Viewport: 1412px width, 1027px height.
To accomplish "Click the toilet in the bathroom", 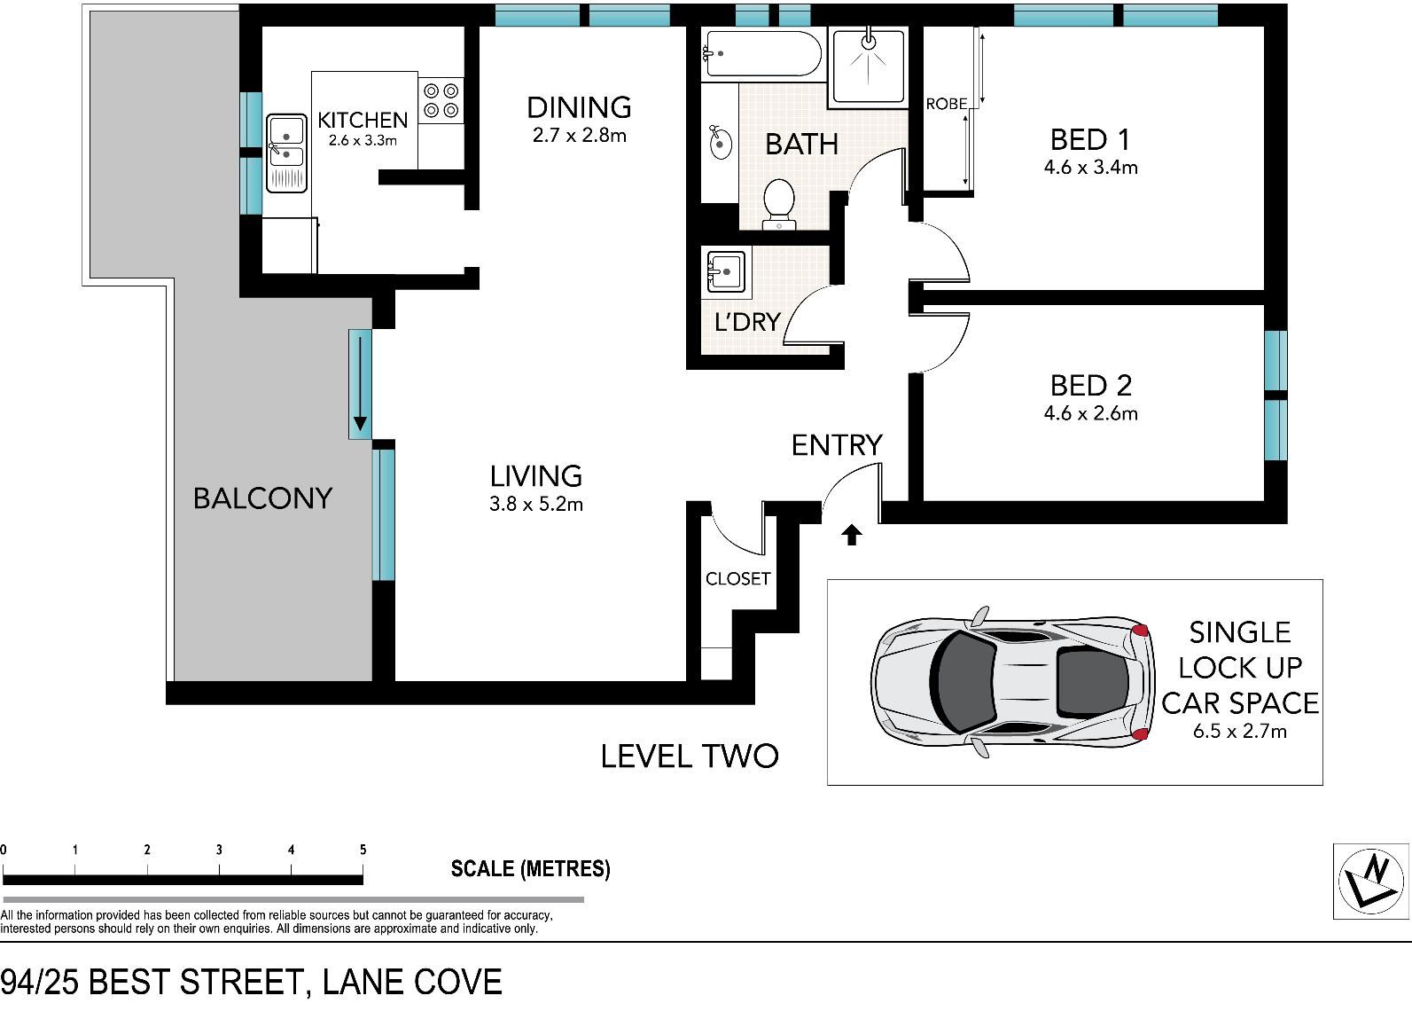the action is point(778,204).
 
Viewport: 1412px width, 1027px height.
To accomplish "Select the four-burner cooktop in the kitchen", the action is point(441,100).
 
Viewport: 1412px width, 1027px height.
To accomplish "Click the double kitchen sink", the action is point(287,153).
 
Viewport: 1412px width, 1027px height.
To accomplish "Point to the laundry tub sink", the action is point(726,271).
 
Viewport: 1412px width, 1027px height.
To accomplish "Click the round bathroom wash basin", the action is point(720,143).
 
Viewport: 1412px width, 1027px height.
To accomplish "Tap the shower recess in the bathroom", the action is point(868,67).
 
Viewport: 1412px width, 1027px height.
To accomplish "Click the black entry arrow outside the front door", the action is point(852,535).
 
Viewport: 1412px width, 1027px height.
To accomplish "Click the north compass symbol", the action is point(1372,881).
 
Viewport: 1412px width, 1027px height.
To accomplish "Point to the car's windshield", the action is point(964,681).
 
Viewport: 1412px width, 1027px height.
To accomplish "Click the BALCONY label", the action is point(262,498).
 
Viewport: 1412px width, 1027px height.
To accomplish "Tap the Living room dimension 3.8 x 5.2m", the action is point(535,504).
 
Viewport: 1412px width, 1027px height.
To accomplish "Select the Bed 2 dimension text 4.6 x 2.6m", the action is point(1090,413).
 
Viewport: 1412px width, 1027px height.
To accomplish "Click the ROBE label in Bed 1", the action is point(946,104).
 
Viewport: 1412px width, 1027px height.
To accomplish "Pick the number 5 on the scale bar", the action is point(363,849).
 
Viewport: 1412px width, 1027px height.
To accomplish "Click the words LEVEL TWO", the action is point(690,757).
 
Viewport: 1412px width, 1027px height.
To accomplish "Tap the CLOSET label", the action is point(737,578).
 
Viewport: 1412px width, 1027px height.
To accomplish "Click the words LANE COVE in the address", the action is point(412,982).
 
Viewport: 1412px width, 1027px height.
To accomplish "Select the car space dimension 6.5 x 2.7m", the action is point(1240,731).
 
